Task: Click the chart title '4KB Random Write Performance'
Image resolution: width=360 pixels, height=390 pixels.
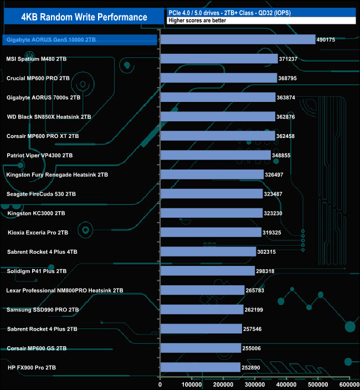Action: coord(84,17)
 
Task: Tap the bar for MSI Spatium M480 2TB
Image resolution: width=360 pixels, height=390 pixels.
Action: coord(218,59)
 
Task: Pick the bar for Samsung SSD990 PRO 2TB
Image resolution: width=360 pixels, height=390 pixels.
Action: coord(201,310)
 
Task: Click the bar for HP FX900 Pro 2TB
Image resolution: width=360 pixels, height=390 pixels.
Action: coord(200,367)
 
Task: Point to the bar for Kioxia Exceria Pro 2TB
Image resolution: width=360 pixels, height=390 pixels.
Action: coord(210,232)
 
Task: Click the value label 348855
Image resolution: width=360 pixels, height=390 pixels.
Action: coord(283,156)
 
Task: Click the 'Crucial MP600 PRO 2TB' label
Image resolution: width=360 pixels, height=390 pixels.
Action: coord(38,78)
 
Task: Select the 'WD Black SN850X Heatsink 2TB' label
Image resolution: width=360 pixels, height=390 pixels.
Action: coord(48,117)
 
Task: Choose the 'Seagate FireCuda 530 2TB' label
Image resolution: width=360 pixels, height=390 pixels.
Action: coord(41,194)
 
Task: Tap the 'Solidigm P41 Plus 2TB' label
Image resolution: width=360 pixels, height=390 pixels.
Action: coord(37,271)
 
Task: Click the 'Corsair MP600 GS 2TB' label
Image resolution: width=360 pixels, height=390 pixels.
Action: coord(37,348)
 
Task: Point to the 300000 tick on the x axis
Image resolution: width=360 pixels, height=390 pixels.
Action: coord(255,384)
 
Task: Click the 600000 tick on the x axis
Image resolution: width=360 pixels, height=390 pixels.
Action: coord(349,384)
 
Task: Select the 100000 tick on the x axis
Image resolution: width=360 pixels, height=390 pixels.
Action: coord(192,384)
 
